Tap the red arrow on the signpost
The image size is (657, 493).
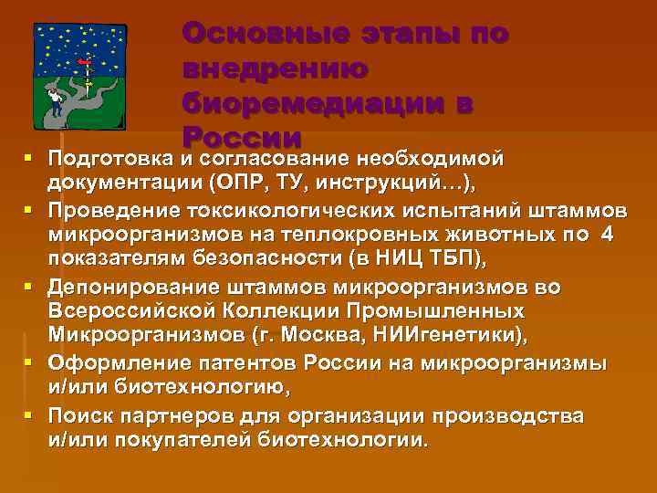point(83,62)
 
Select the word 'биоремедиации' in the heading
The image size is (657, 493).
point(328,102)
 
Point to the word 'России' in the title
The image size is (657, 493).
point(242,136)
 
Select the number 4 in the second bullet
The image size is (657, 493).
point(610,236)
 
